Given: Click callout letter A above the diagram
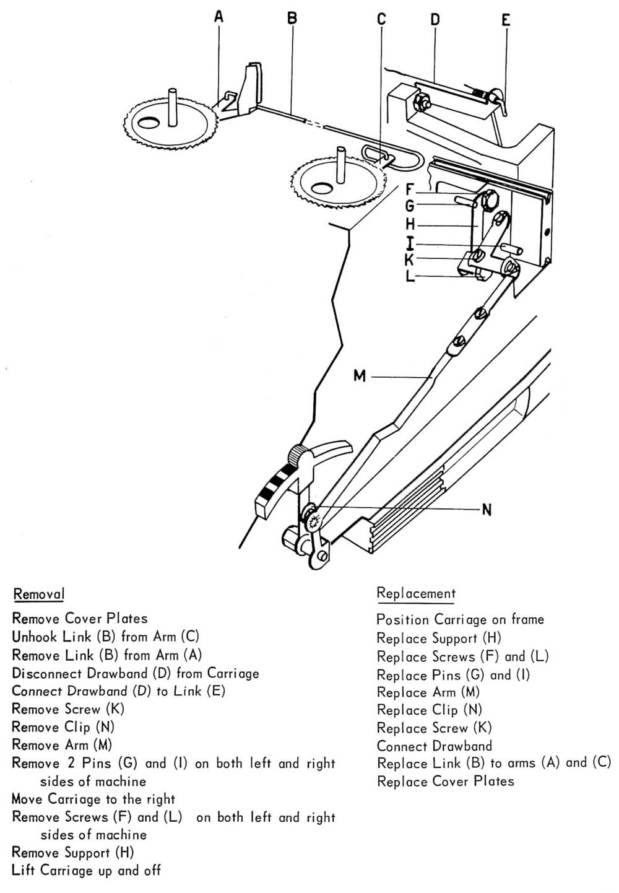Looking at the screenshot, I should coord(219,17).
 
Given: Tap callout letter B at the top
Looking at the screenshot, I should coord(292,18).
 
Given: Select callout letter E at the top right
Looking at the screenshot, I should coord(506,20).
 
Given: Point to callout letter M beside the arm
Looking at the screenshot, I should coord(360,375).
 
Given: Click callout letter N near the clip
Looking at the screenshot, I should coord(487,510).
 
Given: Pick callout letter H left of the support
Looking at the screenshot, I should coord(410,224).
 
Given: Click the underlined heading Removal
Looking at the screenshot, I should coord(38,595).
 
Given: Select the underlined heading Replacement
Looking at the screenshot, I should coord(416,593).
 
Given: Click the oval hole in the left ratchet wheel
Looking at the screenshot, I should coord(148,123).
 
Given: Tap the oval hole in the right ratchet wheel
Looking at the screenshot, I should coord(321,187).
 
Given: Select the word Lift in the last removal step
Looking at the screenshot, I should coord(23,870).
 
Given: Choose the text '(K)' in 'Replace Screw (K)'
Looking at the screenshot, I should coord(483,728).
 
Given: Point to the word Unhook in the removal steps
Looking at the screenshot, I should coord(35,637).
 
